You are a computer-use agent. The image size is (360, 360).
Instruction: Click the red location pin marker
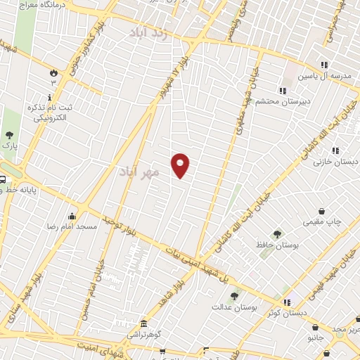point(181,165)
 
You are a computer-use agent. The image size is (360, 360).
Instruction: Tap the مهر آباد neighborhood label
point(140,171)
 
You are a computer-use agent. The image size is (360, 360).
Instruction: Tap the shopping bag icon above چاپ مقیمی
point(321,211)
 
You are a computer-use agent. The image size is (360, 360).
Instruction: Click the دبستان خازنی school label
point(335,161)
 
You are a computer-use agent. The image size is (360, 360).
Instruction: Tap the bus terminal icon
point(3,179)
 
